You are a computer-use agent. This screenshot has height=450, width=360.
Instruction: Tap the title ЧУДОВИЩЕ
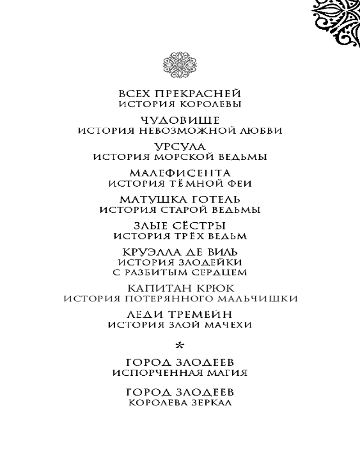(x=180, y=120)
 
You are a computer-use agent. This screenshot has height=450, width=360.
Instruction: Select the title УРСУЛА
(x=180, y=147)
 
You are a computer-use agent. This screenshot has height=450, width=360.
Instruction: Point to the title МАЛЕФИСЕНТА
(x=180, y=173)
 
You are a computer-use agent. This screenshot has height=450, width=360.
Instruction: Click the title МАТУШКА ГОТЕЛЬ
(x=180, y=199)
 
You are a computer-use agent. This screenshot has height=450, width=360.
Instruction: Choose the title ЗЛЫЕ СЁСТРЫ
(x=180, y=225)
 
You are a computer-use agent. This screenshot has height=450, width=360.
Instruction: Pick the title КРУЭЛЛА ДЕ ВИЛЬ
(x=180, y=252)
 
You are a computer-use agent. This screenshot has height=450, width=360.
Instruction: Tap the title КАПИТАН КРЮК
(x=180, y=288)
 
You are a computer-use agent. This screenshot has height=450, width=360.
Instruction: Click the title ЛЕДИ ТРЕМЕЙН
(x=180, y=314)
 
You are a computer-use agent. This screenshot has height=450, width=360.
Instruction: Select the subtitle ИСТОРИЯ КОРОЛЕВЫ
(x=180, y=104)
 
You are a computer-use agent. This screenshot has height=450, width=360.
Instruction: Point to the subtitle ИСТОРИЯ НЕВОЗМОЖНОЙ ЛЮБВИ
(x=180, y=131)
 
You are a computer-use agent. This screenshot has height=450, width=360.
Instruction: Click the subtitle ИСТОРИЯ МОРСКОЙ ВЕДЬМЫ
(x=180, y=157)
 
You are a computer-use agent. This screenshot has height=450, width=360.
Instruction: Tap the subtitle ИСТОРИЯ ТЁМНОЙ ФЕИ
(x=180, y=184)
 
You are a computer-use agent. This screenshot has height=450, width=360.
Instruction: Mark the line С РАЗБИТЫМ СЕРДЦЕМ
(x=180, y=272)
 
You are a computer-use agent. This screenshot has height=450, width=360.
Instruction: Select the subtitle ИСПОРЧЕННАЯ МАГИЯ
(x=180, y=373)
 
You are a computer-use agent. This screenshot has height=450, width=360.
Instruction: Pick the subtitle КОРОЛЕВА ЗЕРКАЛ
(x=180, y=403)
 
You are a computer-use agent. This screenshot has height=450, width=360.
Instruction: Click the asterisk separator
(x=180, y=346)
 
